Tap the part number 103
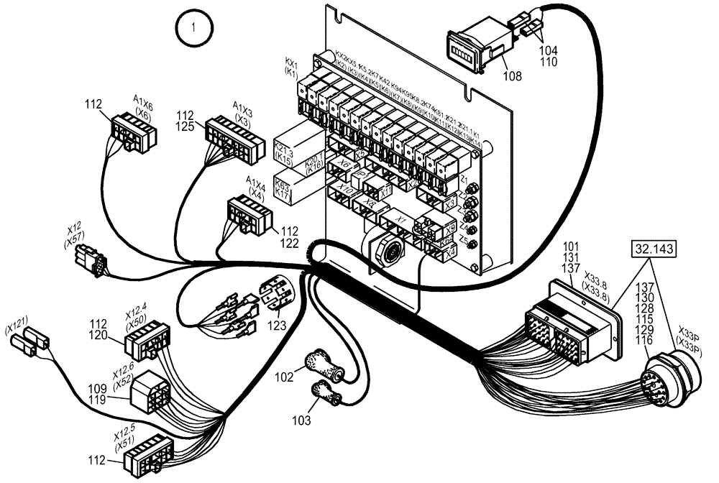(303, 419)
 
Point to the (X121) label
(19, 320)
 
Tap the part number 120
(99, 335)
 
